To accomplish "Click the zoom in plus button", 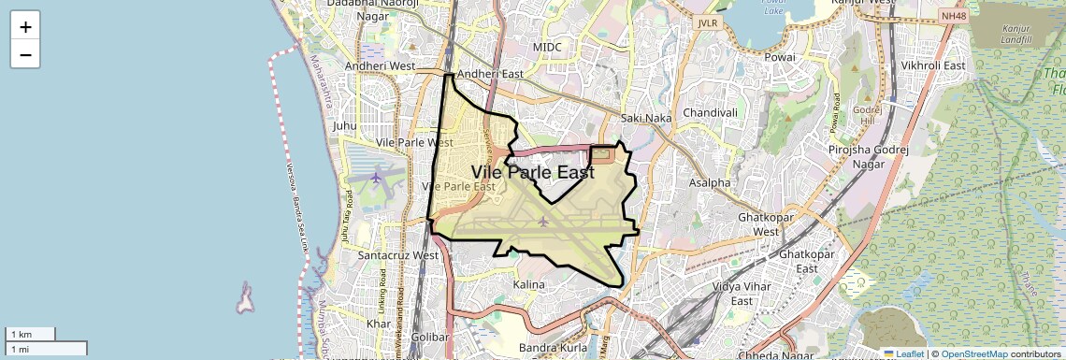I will (25, 27).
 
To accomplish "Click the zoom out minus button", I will (25, 55).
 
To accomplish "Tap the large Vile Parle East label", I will (532, 173).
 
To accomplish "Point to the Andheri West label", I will (380, 66).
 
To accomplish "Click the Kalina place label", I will (527, 283).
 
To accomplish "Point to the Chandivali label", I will (711, 112).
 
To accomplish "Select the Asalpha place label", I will (710, 182).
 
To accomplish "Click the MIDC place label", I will (548, 46).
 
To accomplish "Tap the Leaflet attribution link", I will (903, 353).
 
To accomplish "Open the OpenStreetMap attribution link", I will (973, 353).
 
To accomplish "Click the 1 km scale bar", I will (31, 334).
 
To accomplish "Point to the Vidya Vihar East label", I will (742, 294).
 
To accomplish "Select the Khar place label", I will (379, 324).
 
